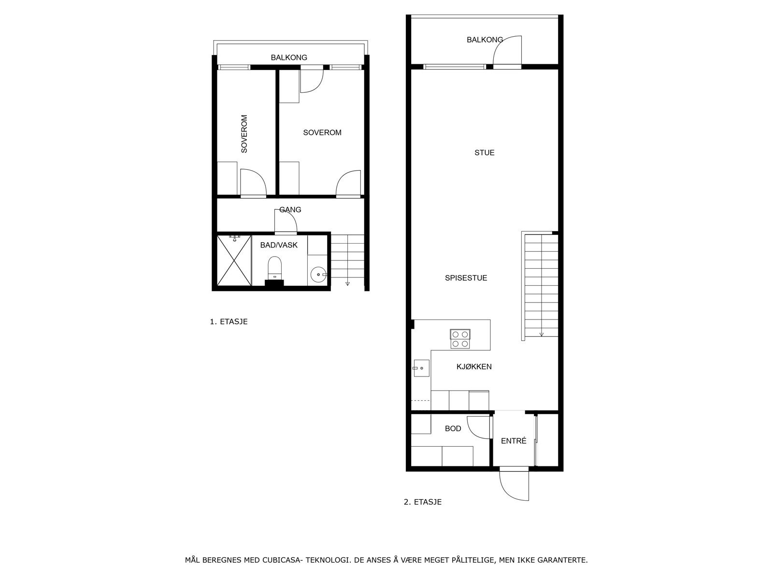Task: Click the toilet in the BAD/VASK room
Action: (x=274, y=268)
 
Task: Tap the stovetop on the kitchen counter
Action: (x=459, y=339)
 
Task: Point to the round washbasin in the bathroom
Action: (x=318, y=275)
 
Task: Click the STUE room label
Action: (x=484, y=153)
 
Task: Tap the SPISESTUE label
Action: (x=466, y=278)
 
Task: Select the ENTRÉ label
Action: (x=513, y=441)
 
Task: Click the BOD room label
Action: (x=453, y=429)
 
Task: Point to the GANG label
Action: (x=290, y=210)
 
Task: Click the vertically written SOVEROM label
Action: (x=244, y=134)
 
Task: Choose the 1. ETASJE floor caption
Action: (x=229, y=321)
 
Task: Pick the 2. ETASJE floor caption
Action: (x=422, y=502)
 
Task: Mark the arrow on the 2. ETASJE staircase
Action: (x=542, y=333)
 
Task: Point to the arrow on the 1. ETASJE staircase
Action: (x=347, y=283)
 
